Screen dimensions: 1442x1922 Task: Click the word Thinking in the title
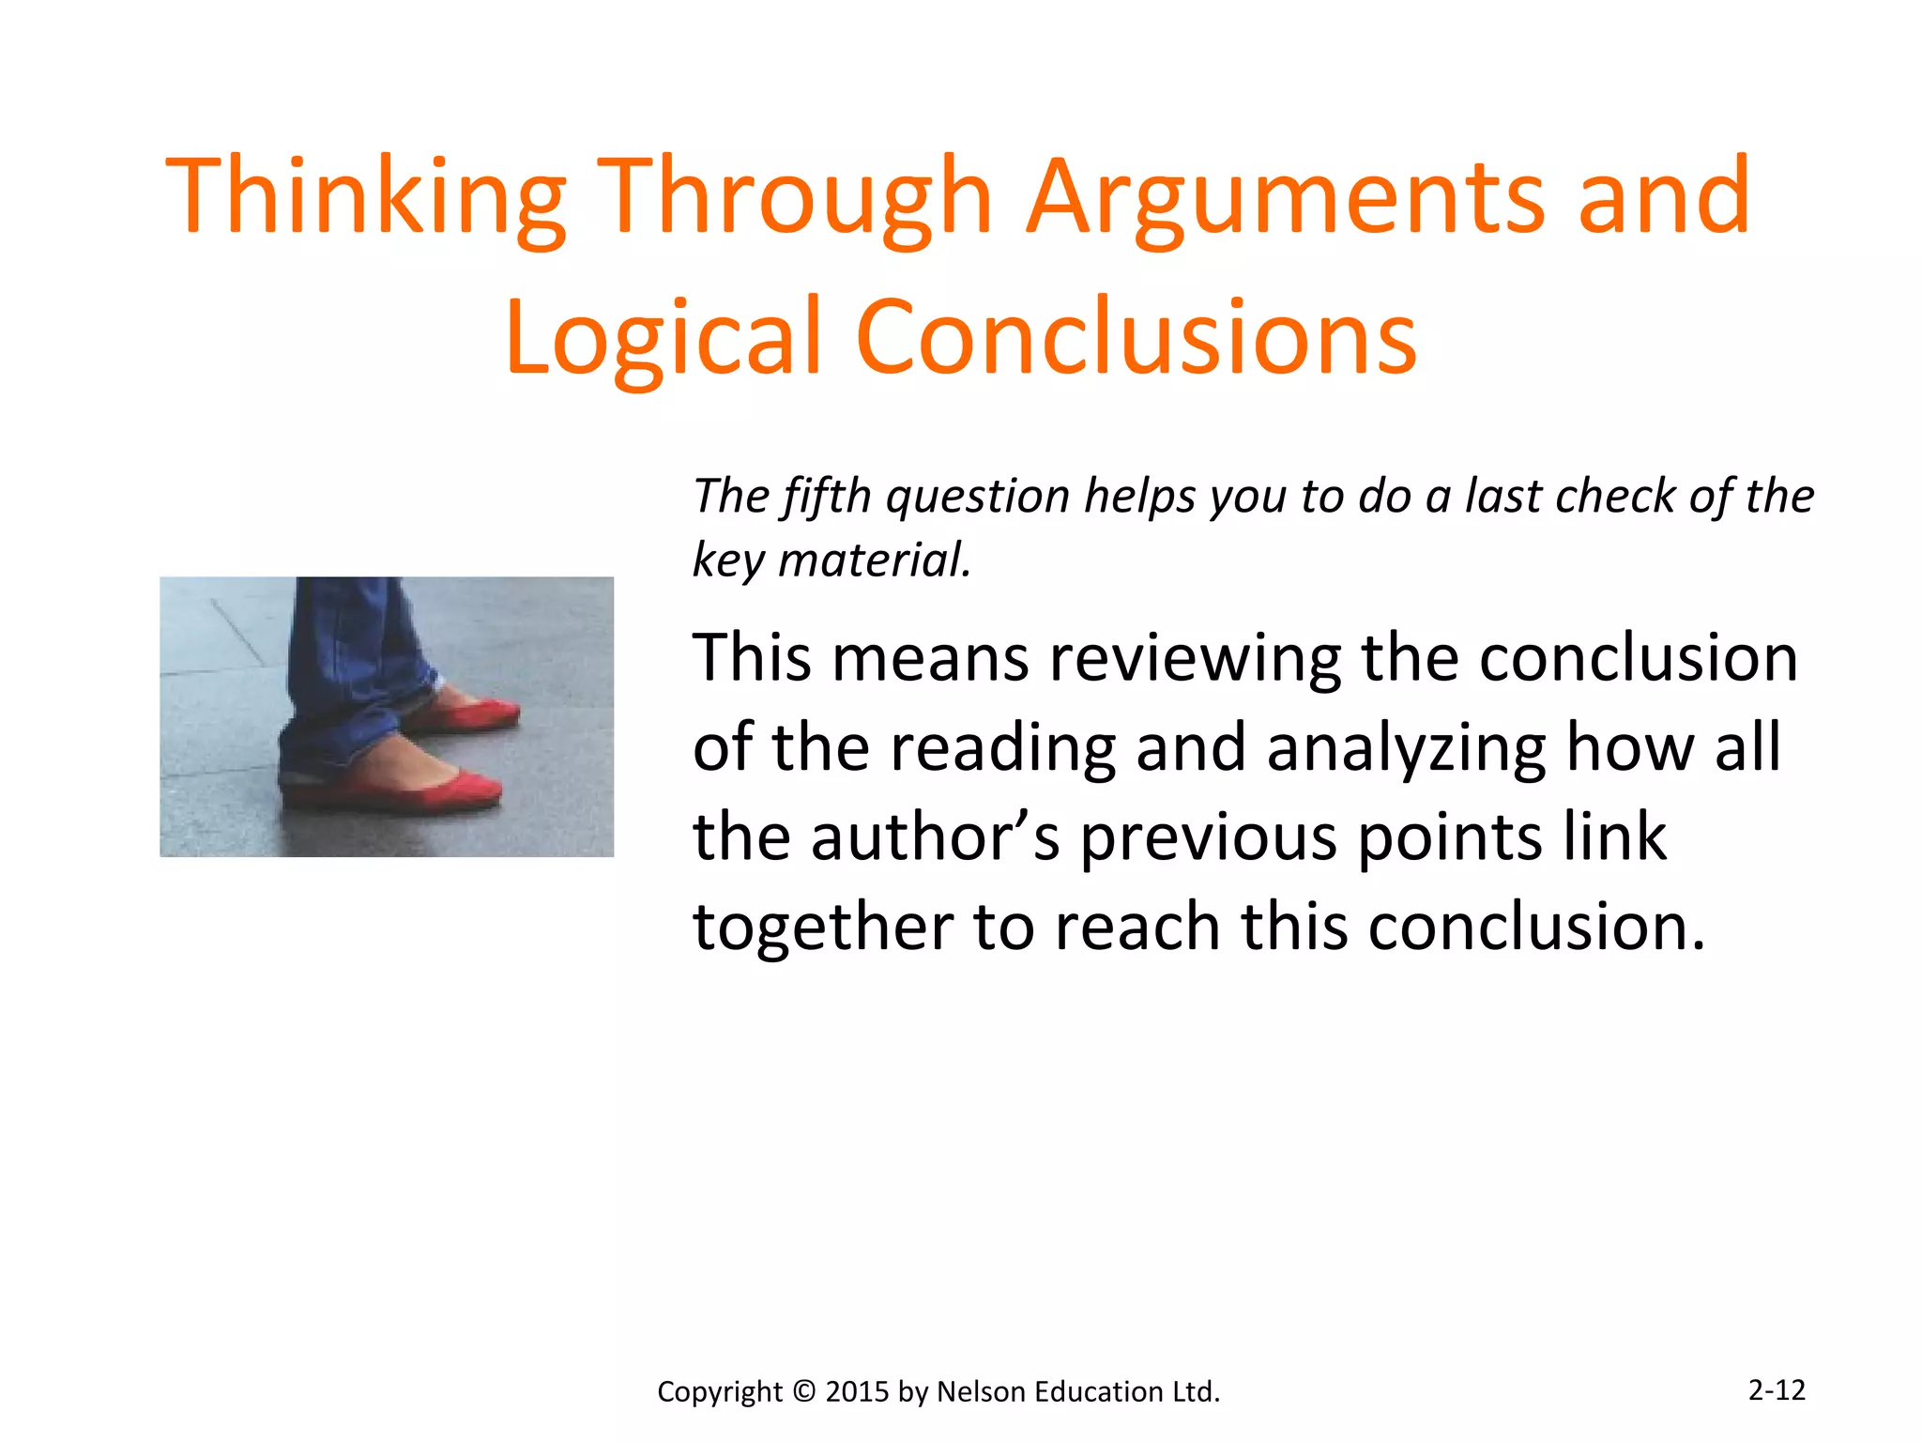(365, 197)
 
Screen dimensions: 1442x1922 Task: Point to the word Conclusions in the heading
(1136, 338)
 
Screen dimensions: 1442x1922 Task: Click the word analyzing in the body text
(1405, 748)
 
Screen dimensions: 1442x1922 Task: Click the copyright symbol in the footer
(804, 1391)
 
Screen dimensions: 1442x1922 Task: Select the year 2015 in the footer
(857, 1391)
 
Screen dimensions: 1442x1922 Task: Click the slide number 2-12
(1777, 1389)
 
